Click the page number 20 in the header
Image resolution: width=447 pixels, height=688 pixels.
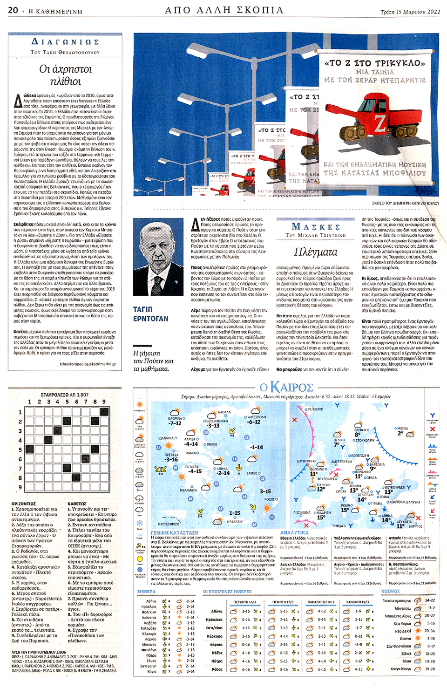[x=13, y=10]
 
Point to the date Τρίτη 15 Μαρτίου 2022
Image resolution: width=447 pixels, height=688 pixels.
[x=410, y=12]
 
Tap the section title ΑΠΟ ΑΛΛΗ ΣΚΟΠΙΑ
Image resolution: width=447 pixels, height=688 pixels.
[x=224, y=10]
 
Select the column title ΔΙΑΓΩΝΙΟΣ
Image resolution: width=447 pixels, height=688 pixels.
[x=65, y=42]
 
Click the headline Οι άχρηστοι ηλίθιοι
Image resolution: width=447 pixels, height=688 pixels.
[x=65, y=75]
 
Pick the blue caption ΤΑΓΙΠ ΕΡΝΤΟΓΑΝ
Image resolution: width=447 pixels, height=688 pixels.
[x=150, y=314]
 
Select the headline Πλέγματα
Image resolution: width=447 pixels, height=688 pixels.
[x=316, y=252]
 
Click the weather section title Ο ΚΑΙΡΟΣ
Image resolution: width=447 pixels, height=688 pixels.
[x=286, y=387]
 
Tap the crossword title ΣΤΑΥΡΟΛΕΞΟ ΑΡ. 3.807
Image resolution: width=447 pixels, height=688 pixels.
[x=65, y=395]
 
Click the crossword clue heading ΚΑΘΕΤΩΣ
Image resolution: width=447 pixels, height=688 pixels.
[x=77, y=504]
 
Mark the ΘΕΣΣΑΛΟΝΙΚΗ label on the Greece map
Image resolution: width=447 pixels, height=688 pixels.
[x=216, y=421]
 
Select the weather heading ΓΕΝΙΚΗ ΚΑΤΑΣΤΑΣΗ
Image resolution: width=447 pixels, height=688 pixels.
[x=175, y=532]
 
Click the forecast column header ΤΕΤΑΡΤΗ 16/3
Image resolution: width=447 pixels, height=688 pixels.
[x=245, y=602]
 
